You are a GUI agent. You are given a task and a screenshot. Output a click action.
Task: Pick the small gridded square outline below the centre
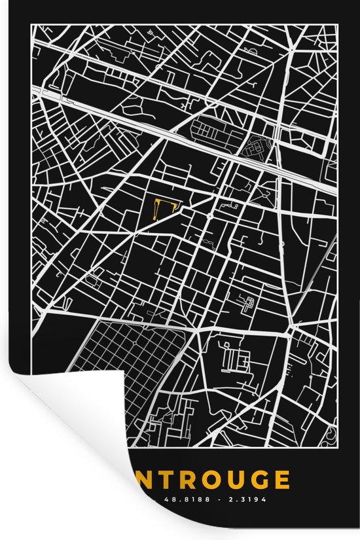click(x=248, y=303)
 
